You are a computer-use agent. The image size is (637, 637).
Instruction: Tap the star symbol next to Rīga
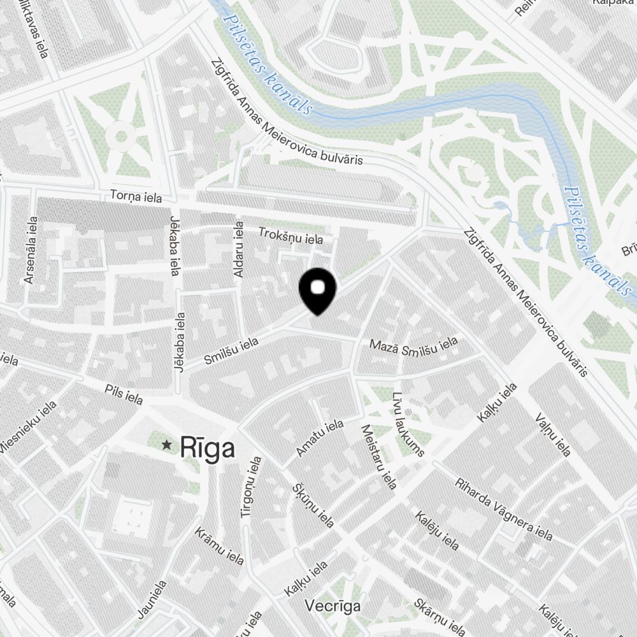[x=168, y=445]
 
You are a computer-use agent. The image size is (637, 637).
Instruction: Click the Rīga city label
[x=207, y=447]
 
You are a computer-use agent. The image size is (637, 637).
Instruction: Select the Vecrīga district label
[x=333, y=605]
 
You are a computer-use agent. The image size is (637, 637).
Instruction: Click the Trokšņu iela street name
[x=290, y=236]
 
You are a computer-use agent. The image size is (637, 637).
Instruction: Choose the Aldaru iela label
[x=239, y=249]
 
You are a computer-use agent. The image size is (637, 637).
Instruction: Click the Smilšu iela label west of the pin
[x=231, y=351]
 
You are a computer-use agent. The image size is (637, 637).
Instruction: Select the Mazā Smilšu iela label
[x=414, y=345]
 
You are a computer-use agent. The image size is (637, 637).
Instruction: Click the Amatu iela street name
[x=320, y=438]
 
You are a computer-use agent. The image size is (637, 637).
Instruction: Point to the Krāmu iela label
[x=220, y=546]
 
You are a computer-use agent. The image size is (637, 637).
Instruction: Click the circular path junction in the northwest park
[x=120, y=135]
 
